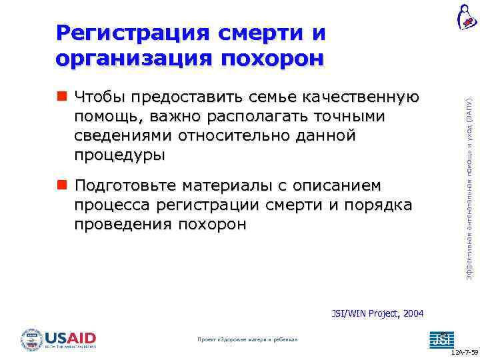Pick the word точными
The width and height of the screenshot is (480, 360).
[347, 117]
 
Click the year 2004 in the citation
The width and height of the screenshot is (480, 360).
[411, 313]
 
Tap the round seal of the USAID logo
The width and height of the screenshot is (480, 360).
[31, 339]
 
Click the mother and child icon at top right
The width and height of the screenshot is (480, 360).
[466, 16]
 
